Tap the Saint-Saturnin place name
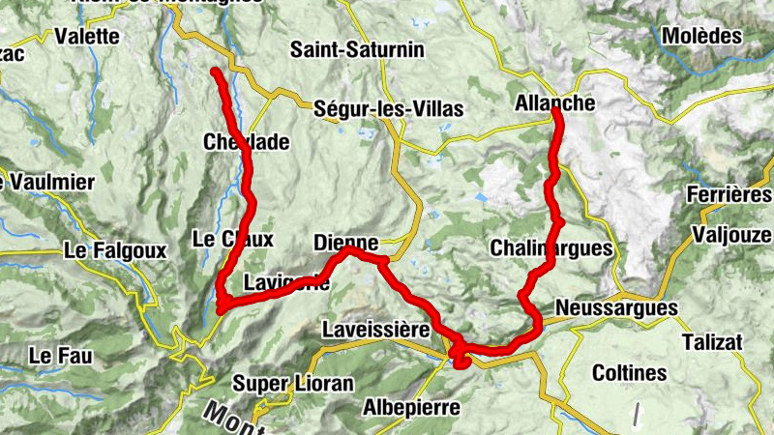click(358, 49)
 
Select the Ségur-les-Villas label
click(389, 109)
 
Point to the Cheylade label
click(246, 142)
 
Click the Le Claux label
click(233, 239)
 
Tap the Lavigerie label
click(287, 283)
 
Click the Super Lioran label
click(293, 384)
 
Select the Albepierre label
click(411, 407)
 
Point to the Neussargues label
click(616, 308)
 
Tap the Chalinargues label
click(551, 248)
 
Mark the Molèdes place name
click(702, 37)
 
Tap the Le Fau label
click(52, 356)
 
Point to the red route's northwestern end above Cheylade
click(215, 72)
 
